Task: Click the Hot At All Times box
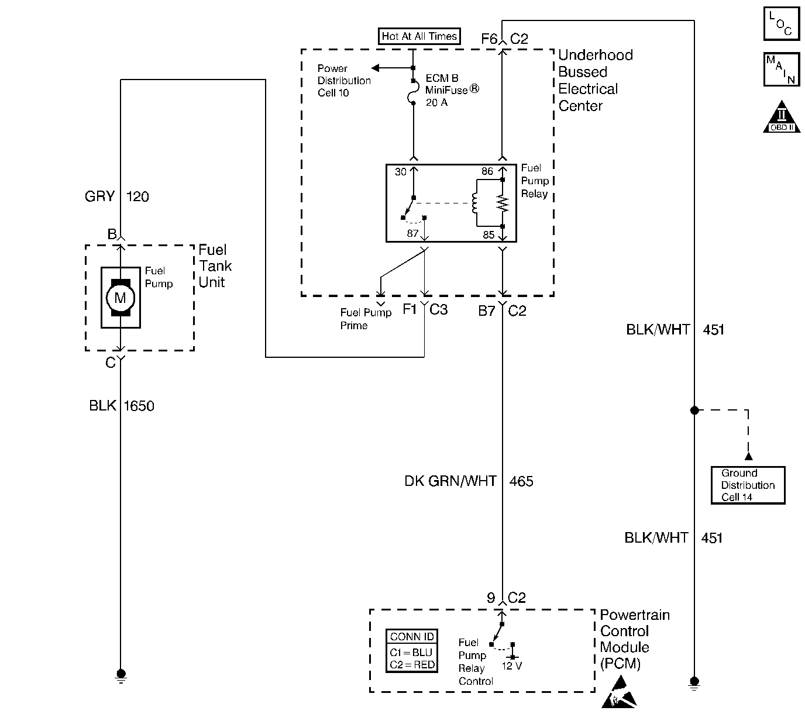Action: pyautogui.click(x=419, y=36)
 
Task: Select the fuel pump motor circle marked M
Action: pyautogui.click(x=120, y=298)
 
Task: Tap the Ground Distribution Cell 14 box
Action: pyautogui.click(x=748, y=485)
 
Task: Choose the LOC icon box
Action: pyautogui.click(x=781, y=23)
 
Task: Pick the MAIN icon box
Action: pyautogui.click(x=781, y=70)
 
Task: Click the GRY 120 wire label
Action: pyautogui.click(x=117, y=196)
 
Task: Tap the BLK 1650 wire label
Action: pyautogui.click(x=122, y=406)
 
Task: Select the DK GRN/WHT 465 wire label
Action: pyautogui.click(x=469, y=481)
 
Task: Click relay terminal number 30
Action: pyautogui.click(x=401, y=172)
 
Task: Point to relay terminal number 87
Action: pyautogui.click(x=412, y=233)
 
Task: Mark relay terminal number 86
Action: pyautogui.click(x=487, y=172)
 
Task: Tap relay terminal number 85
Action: pyautogui.click(x=488, y=235)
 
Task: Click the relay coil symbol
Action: pyautogui.click(x=474, y=203)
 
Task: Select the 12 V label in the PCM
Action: pyautogui.click(x=512, y=666)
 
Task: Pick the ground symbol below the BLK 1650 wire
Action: pyautogui.click(x=121, y=675)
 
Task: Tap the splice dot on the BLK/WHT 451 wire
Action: pyautogui.click(x=694, y=410)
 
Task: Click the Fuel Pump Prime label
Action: pyautogui.click(x=366, y=319)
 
